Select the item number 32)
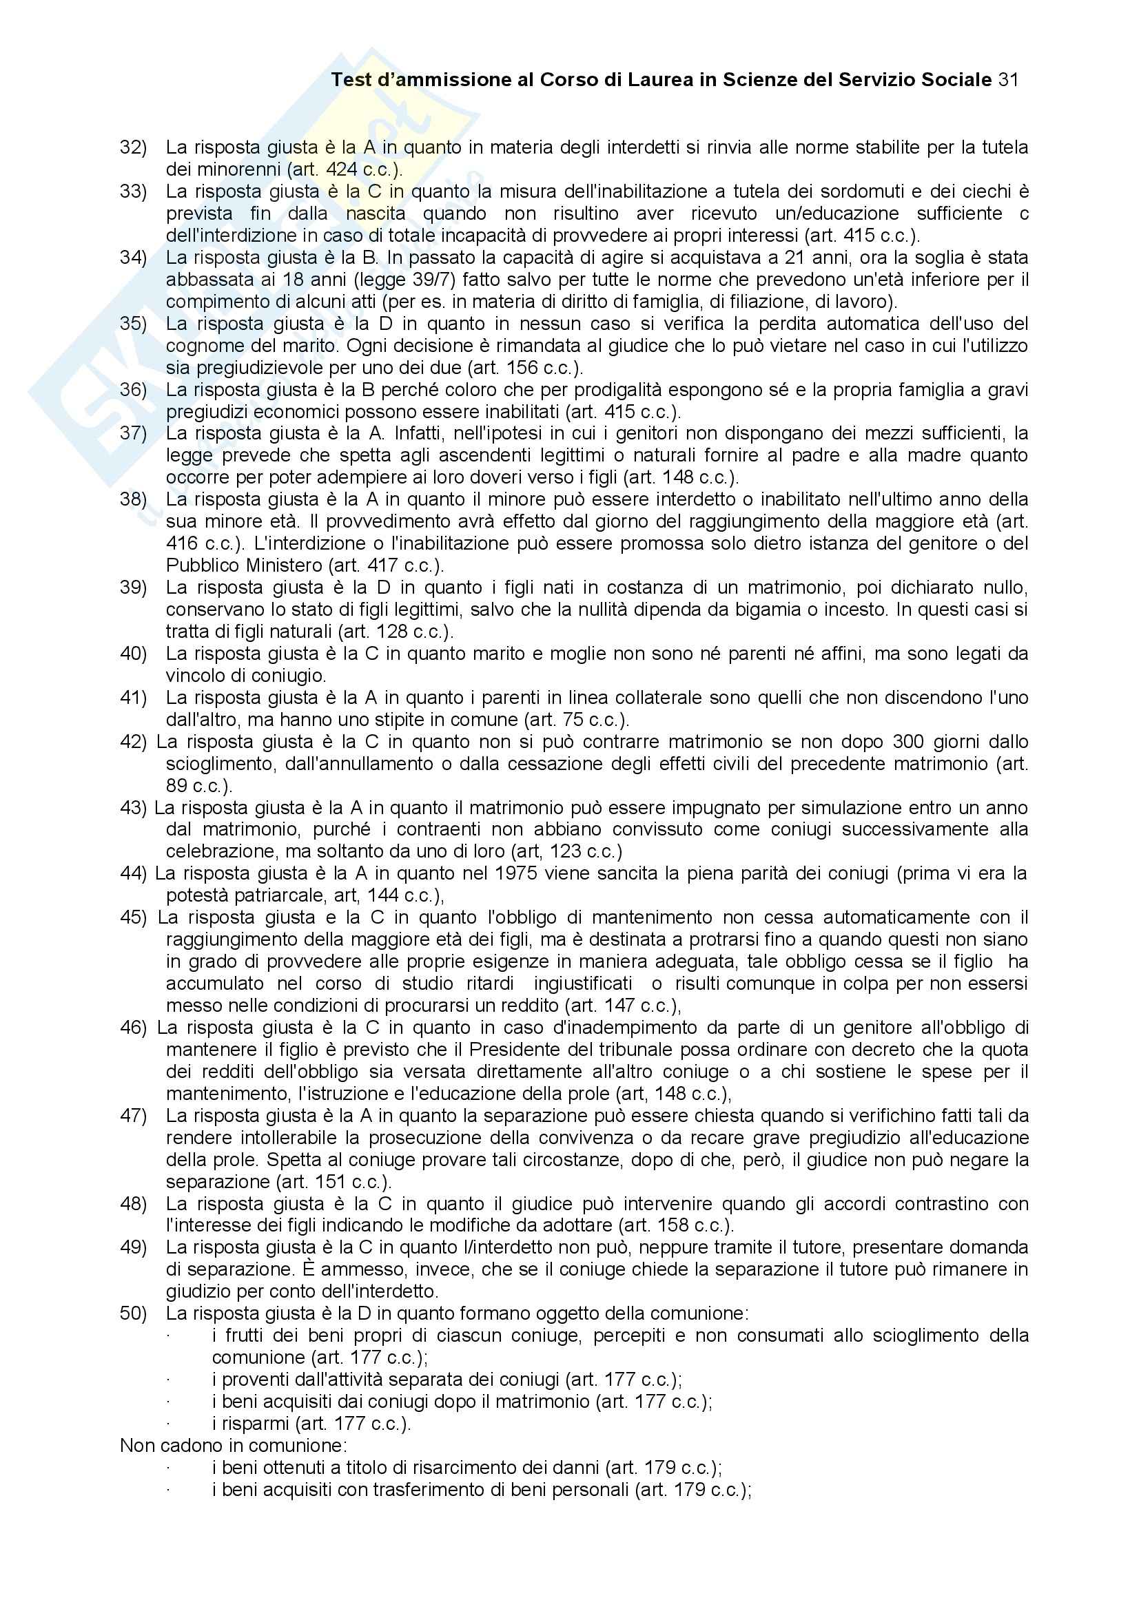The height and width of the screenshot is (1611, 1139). (x=134, y=147)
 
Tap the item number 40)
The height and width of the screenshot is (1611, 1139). (x=134, y=654)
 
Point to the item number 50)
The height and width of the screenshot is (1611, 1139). (x=134, y=1313)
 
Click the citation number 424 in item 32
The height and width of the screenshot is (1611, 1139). (x=342, y=169)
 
